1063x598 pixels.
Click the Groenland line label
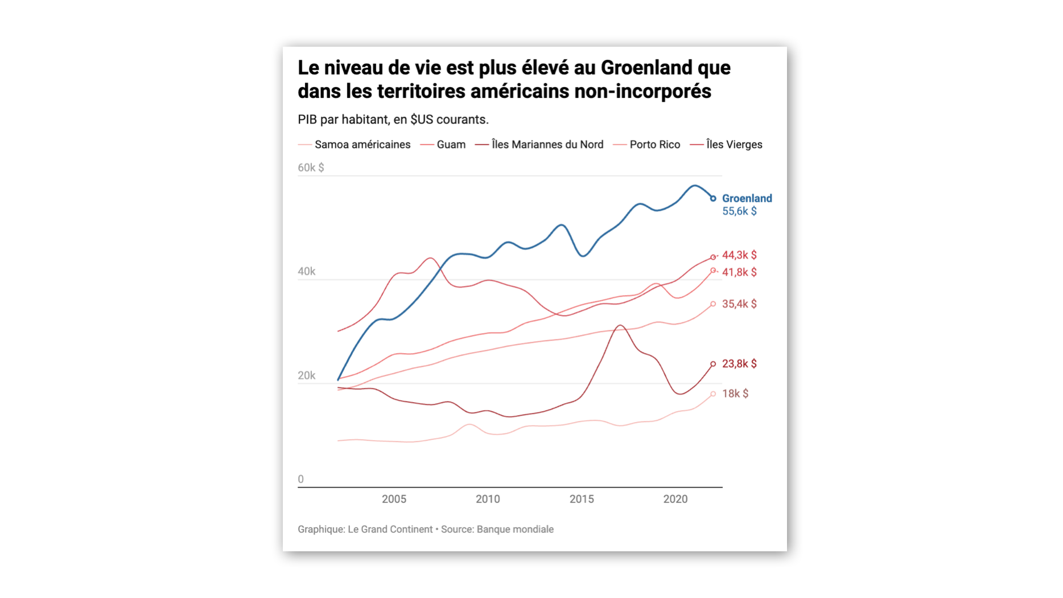[747, 198]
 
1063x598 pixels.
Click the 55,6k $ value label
[739, 211]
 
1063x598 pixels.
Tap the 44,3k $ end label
[739, 255]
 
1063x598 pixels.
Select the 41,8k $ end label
[739, 272]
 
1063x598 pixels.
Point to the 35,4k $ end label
[739, 304]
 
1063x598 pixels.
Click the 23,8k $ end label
[739, 364]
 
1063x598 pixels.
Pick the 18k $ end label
[735, 394]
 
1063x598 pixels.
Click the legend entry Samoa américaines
[362, 145]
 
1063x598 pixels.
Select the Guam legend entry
[451, 145]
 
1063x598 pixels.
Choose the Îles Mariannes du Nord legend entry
[547, 145]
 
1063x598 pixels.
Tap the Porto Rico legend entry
[654, 145]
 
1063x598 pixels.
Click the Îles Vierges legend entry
[734, 145]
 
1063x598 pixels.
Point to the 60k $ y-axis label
[311, 167]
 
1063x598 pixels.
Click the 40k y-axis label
[306, 272]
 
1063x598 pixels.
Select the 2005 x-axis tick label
[394, 499]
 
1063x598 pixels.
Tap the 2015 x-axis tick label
[582, 499]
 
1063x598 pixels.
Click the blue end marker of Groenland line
[713, 198]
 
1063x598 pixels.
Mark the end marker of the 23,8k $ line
[713, 364]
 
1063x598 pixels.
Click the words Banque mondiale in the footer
[514, 529]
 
